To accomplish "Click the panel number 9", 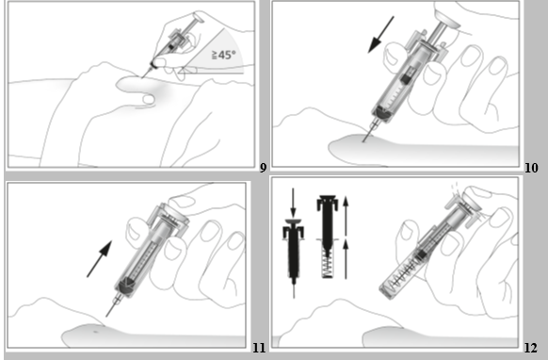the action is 263,169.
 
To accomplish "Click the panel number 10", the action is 531,169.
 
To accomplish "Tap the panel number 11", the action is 259,348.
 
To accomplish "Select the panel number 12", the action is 530,348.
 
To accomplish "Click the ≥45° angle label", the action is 224,55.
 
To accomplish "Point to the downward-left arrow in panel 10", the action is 381,35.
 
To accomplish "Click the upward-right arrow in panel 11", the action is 100,259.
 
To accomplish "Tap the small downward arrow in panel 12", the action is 293,203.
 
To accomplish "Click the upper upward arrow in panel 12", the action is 346,216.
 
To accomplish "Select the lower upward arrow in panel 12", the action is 346,259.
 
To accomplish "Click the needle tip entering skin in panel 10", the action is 363,141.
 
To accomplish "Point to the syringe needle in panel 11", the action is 111,308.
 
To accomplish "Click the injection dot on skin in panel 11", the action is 96,332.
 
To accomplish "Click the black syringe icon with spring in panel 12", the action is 328,237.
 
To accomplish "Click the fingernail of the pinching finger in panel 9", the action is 149,100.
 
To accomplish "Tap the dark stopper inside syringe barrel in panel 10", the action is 406,79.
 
